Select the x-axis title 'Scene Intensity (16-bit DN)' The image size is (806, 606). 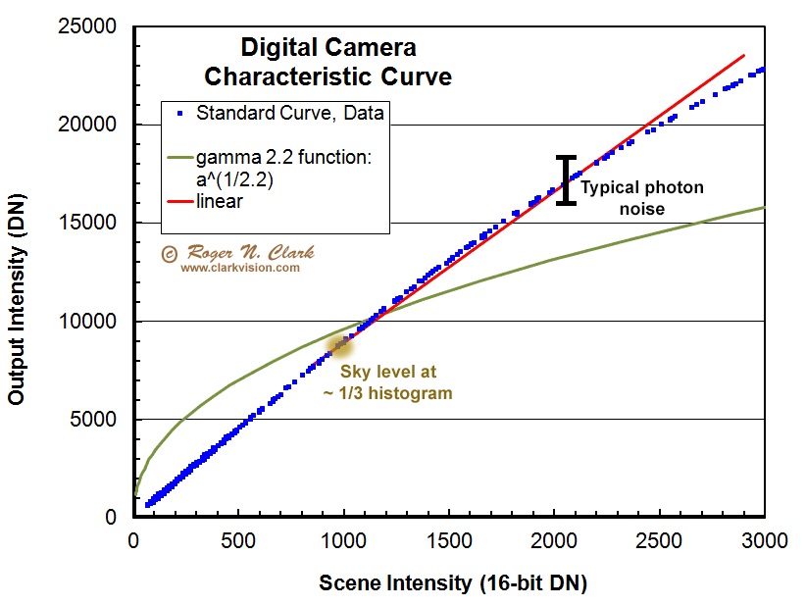(x=452, y=583)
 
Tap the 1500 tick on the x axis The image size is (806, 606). (x=448, y=540)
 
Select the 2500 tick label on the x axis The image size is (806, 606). (x=658, y=540)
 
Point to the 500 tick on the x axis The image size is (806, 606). (x=238, y=540)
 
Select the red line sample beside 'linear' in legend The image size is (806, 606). (x=177, y=201)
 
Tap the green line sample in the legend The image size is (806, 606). (x=177, y=158)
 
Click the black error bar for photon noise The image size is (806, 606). (x=566, y=180)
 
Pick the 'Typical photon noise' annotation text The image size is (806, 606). (x=642, y=198)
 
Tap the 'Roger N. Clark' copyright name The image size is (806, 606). (x=246, y=253)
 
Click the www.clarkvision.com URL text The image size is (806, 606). (x=239, y=267)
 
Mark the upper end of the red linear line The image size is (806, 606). (x=744, y=55)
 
